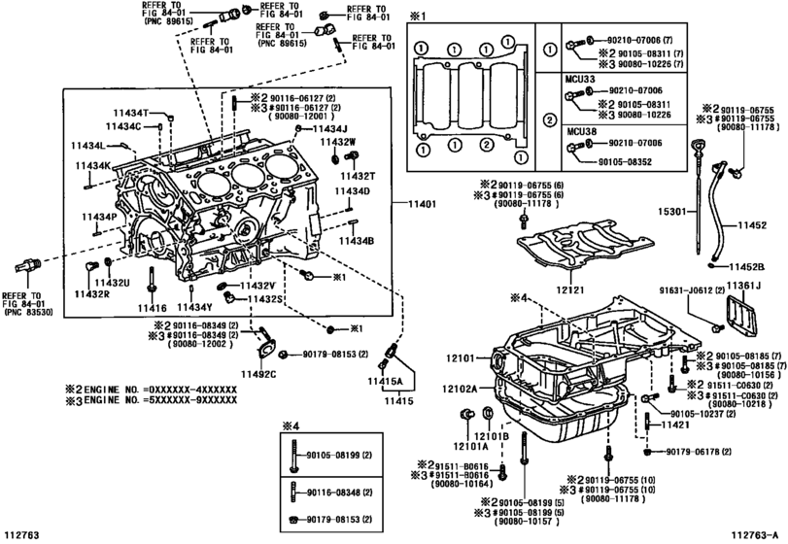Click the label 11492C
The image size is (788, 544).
(259, 375)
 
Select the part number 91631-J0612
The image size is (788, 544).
(691, 288)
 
